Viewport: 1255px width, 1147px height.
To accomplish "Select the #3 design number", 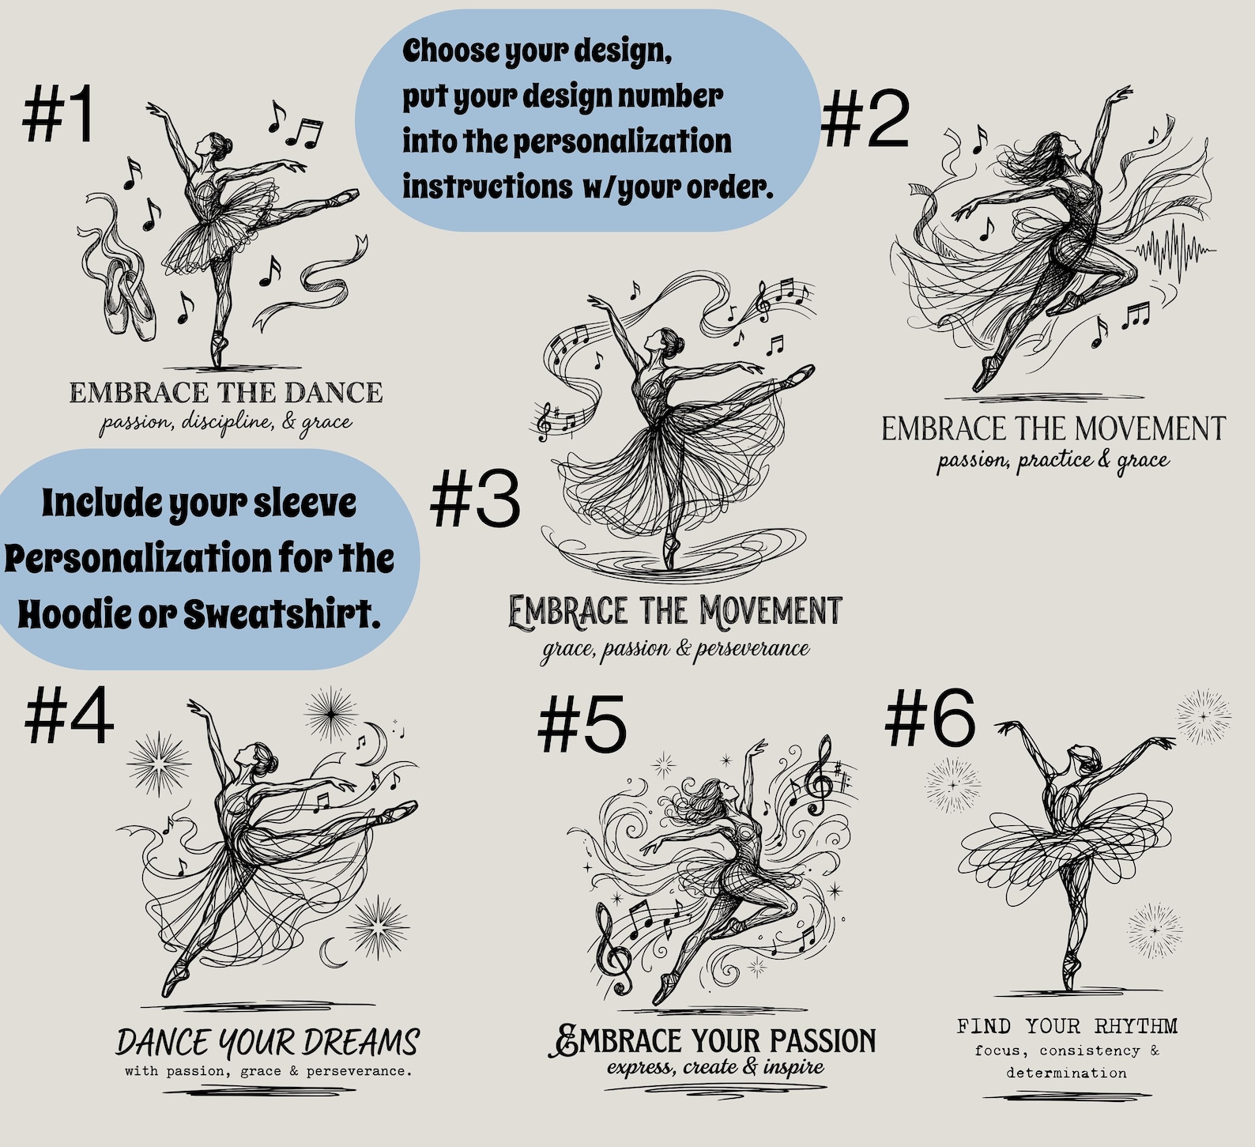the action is (x=475, y=498).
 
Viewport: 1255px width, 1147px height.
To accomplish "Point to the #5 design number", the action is (x=582, y=724).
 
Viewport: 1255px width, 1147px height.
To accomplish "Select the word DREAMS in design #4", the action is (x=362, y=1042).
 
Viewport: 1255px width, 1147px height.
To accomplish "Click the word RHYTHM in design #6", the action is (x=1136, y=1026).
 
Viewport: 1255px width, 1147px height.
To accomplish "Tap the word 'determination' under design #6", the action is (x=1066, y=1073).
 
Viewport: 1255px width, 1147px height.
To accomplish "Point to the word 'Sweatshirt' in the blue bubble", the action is (x=281, y=613).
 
